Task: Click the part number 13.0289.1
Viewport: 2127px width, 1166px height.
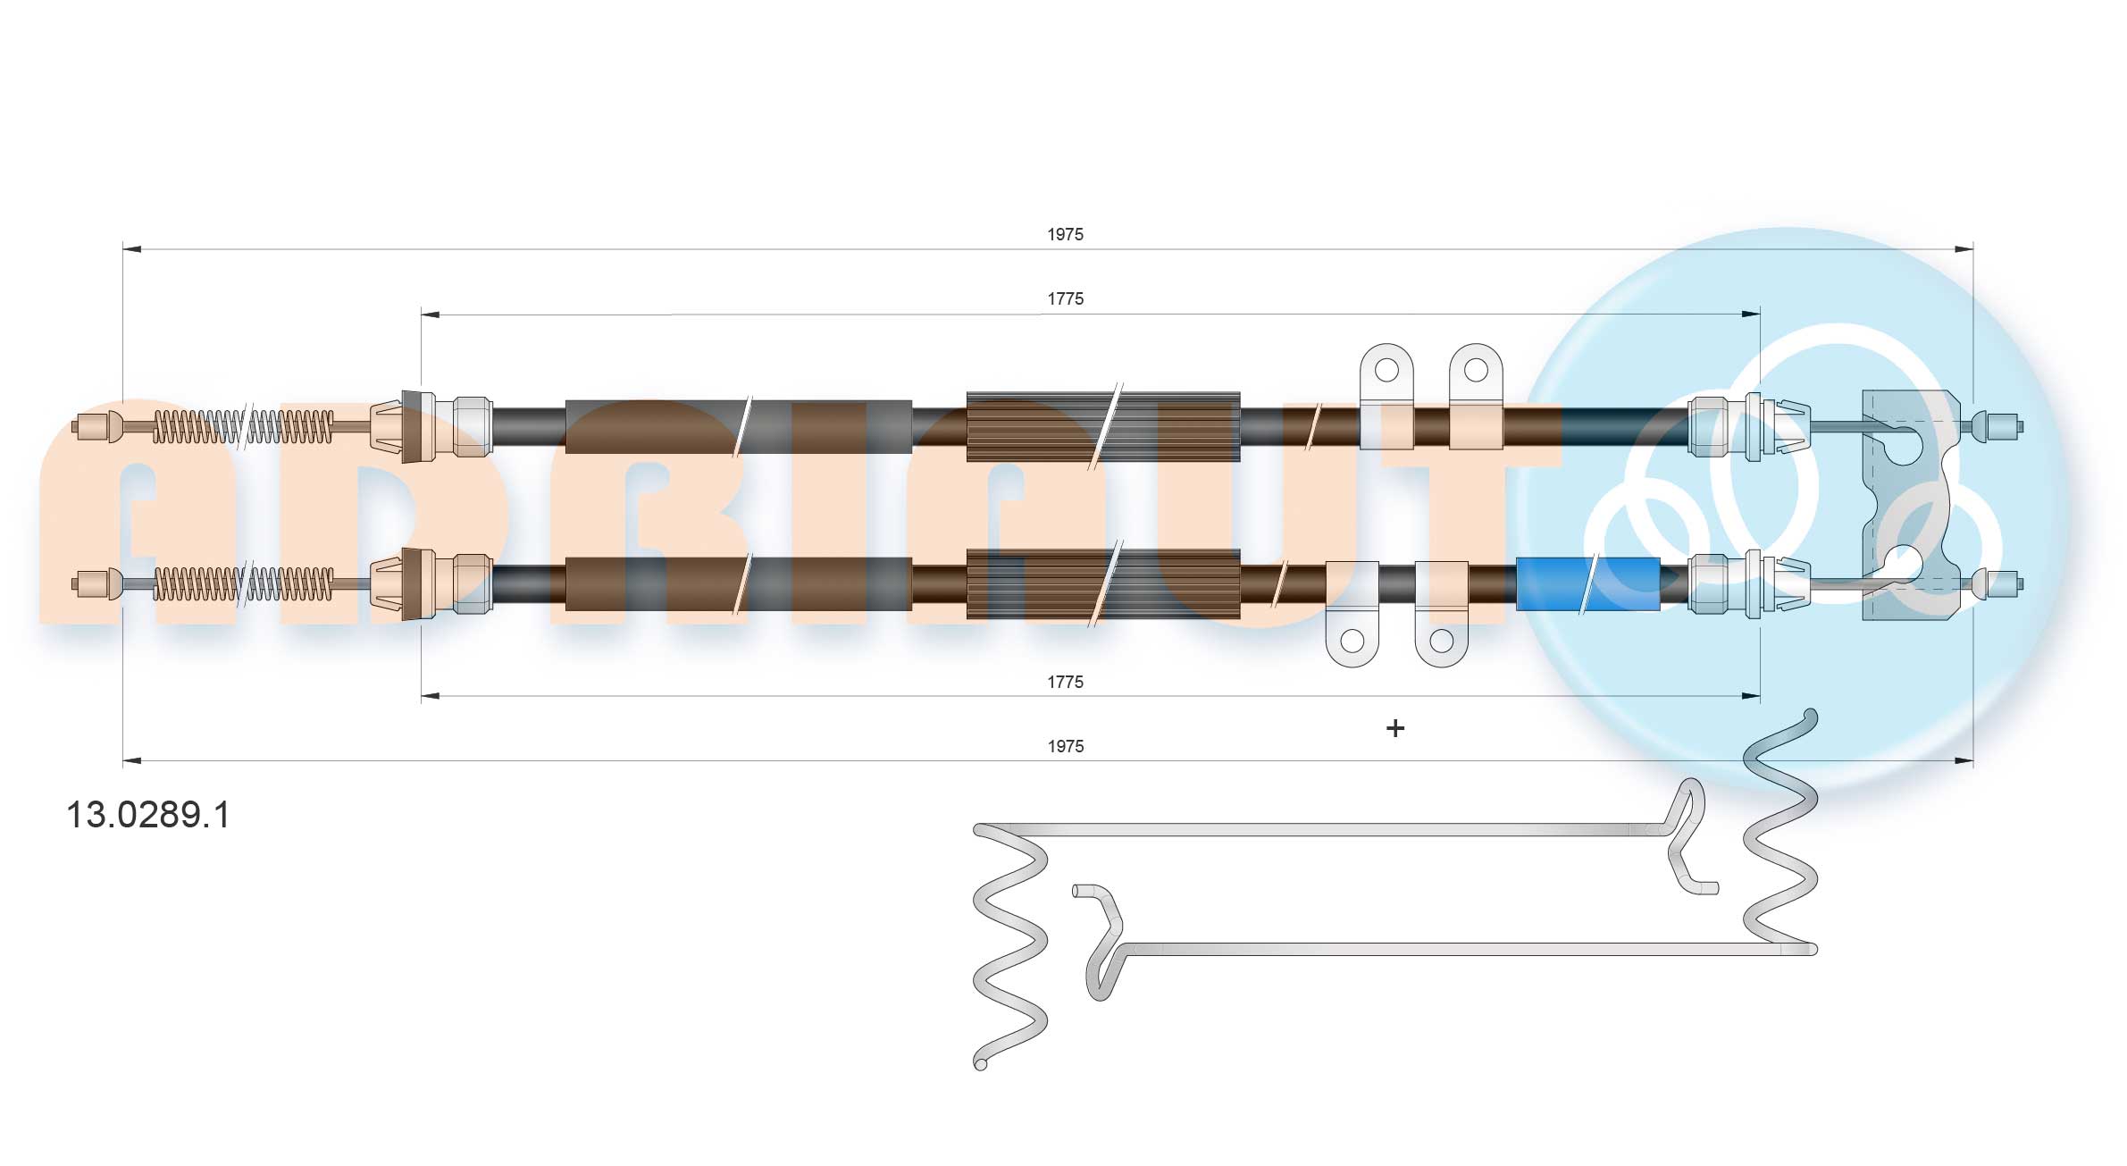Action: tap(148, 815)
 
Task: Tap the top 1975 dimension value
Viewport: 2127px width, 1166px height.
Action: tap(1065, 234)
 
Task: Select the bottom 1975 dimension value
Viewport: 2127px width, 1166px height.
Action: tap(1065, 746)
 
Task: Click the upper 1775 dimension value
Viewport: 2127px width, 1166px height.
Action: tap(1065, 298)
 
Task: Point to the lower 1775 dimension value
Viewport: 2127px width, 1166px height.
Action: tap(1065, 682)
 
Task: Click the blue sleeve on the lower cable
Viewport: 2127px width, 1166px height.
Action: tap(1587, 584)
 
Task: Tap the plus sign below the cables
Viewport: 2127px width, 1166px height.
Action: tap(1394, 728)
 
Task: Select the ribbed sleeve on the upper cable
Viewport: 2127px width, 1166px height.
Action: tap(1102, 426)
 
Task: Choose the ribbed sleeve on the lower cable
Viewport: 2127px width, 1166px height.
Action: tap(1102, 584)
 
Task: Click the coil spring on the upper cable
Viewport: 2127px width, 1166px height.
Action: tap(243, 426)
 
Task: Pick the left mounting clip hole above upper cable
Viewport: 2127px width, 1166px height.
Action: tap(1386, 369)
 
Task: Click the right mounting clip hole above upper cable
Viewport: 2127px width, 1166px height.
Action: tap(1475, 369)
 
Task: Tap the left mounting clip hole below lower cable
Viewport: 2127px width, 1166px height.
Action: tap(1352, 641)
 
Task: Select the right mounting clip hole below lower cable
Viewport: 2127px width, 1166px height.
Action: tap(1441, 641)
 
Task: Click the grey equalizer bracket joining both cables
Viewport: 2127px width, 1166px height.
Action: tap(1903, 505)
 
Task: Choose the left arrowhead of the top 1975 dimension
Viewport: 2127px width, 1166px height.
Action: tap(131, 249)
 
